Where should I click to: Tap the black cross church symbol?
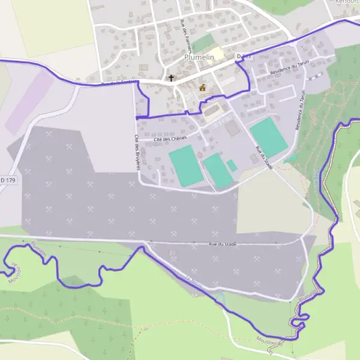[171, 78]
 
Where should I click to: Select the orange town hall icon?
[202, 88]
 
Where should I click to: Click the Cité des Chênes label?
[170, 139]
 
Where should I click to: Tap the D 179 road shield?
[6, 179]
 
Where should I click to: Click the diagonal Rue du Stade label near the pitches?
[264, 158]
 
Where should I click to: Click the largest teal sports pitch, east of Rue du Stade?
[268, 137]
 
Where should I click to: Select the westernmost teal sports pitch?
[185, 166]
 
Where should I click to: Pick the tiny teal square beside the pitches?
[232, 165]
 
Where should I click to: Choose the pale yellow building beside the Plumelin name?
[218, 53]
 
